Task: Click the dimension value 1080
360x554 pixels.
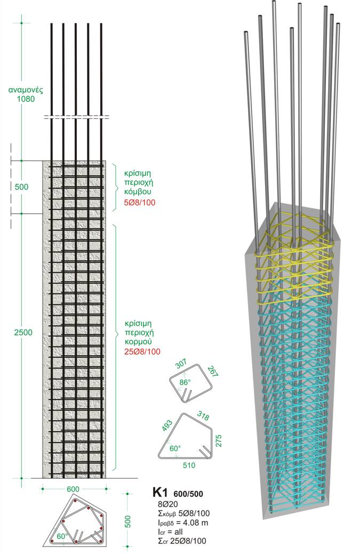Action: pyautogui.click(x=26, y=99)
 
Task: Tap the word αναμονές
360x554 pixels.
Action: pyautogui.click(x=26, y=90)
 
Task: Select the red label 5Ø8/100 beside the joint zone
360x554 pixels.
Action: pyautogui.click(x=139, y=203)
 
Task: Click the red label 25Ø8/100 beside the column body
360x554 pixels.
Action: pyautogui.click(x=142, y=351)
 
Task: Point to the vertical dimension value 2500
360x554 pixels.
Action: pyautogui.click(x=23, y=333)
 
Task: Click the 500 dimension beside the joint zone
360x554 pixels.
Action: pyautogui.click(x=21, y=187)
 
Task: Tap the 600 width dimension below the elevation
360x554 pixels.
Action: pyautogui.click(x=73, y=489)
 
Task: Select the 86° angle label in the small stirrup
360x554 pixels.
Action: pyautogui.click(x=185, y=382)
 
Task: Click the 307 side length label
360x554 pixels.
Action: pyautogui.click(x=181, y=364)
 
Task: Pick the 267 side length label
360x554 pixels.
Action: pyautogui.click(x=213, y=372)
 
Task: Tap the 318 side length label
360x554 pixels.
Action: pyautogui.click(x=203, y=415)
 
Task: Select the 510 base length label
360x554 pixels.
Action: pyautogui.click(x=189, y=465)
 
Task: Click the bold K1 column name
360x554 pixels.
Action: pyautogui.click(x=159, y=492)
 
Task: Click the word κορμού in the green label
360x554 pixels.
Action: pyautogui.click(x=139, y=342)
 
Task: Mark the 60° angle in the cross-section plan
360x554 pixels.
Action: pyautogui.click(x=62, y=536)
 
